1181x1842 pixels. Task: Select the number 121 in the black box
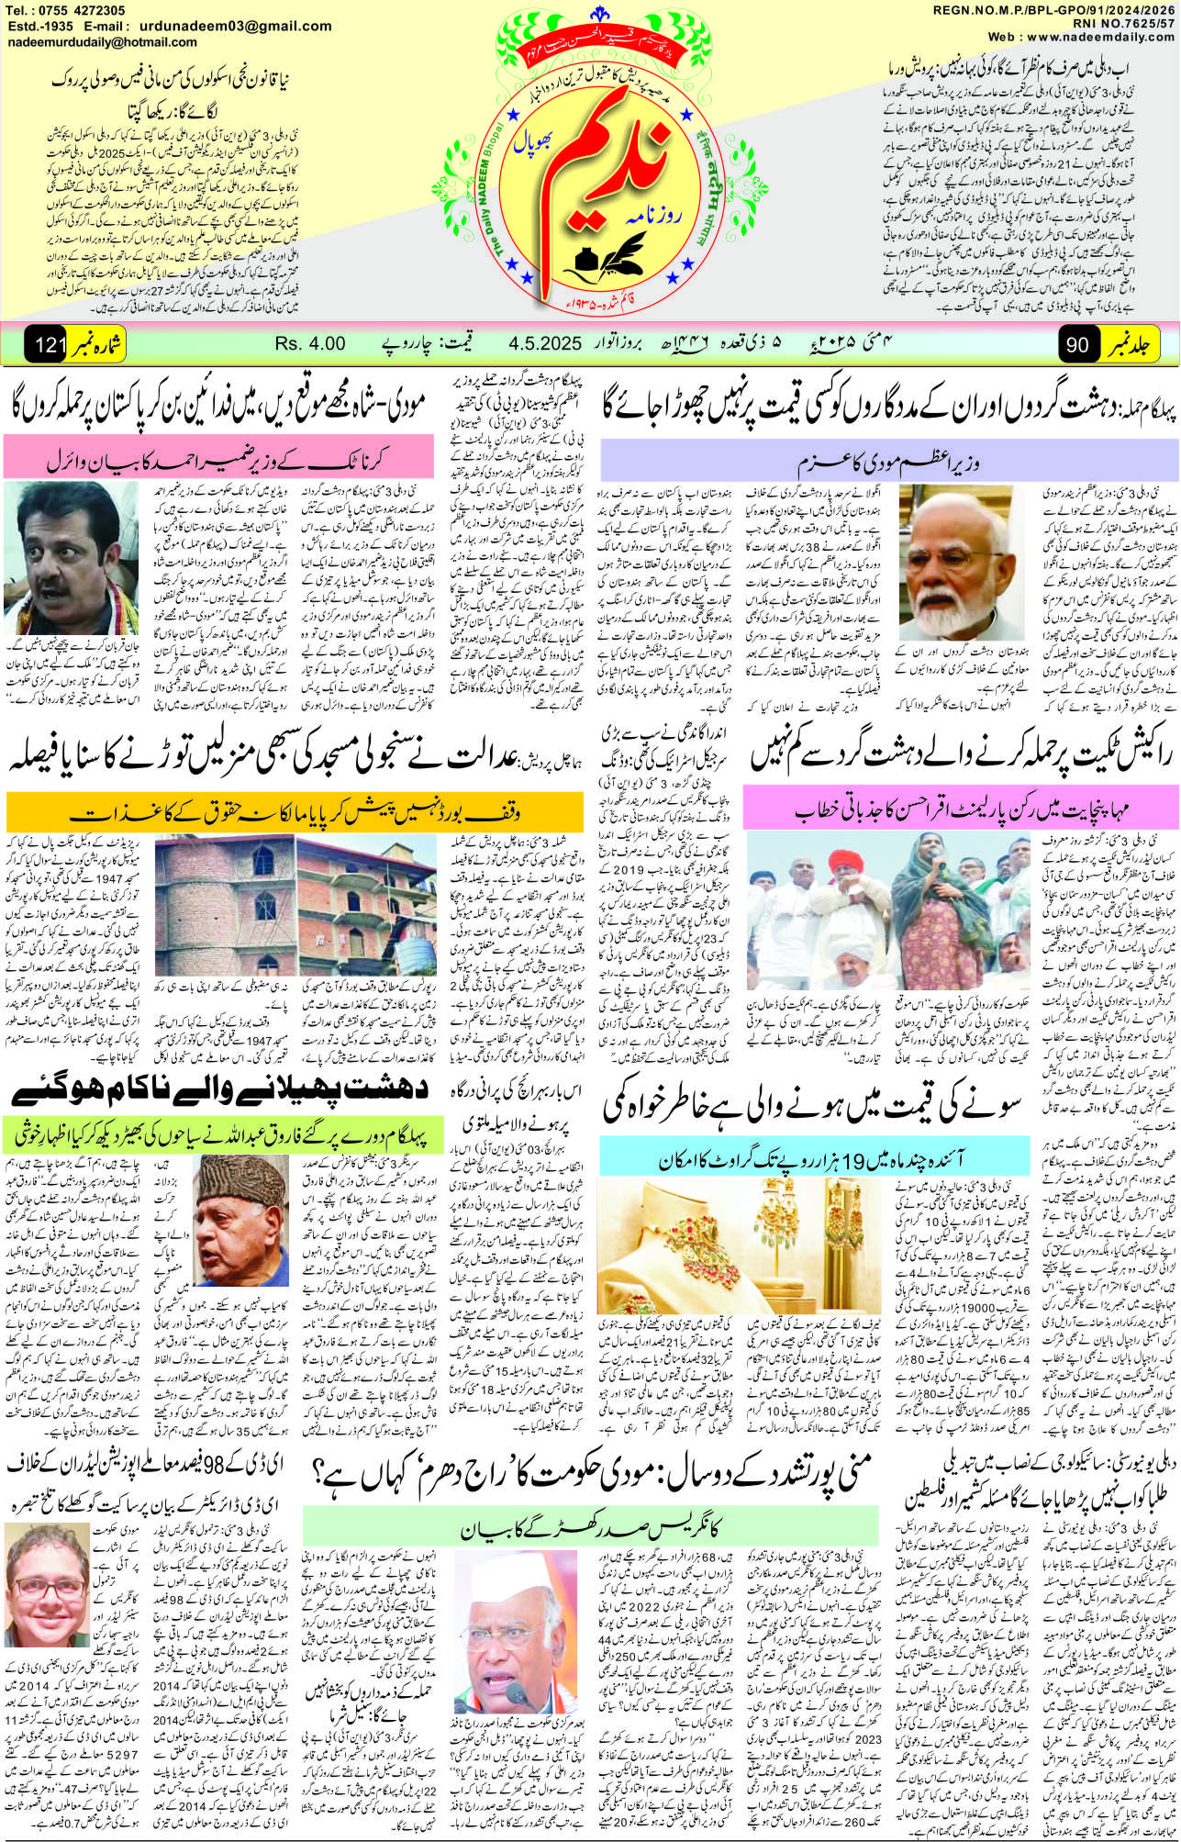coord(46,345)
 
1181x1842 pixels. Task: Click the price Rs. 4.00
coord(310,343)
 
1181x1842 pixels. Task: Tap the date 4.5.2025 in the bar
coord(545,343)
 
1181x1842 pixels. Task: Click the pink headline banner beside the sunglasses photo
coord(217,455)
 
